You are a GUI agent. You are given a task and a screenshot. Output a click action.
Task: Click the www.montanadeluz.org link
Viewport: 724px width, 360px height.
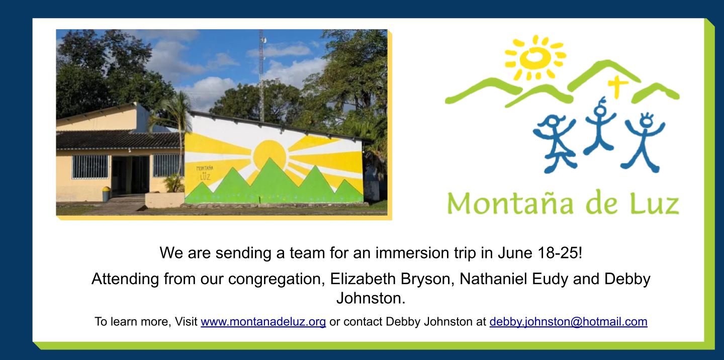pyautogui.click(x=263, y=322)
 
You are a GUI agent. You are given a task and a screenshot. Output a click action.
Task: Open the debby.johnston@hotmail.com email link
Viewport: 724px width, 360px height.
pyautogui.click(x=568, y=322)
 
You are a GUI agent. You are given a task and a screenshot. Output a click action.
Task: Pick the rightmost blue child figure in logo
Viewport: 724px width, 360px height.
pyautogui.click(x=643, y=142)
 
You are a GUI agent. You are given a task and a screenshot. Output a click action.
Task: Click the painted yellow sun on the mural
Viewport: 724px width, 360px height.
pyautogui.click(x=269, y=155)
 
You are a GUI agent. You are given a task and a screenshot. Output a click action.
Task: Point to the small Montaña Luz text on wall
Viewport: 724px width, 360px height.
pyautogui.click(x=205, y=173)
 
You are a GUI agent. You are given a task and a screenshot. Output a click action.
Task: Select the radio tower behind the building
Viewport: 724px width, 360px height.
pyautogui.click(x=261, y=75)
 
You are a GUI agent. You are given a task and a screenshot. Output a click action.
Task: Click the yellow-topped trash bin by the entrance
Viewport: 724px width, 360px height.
pyautogui.click(x=106, y=194)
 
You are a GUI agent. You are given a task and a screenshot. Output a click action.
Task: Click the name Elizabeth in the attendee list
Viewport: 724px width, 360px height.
pyautogui.click(x=363, y=279)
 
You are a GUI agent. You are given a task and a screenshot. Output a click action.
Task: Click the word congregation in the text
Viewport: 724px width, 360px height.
pyautogui.click(x=277, y=279)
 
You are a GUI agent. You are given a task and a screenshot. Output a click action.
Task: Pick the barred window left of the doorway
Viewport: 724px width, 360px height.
pyautogui.click(x=90, y=166)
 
